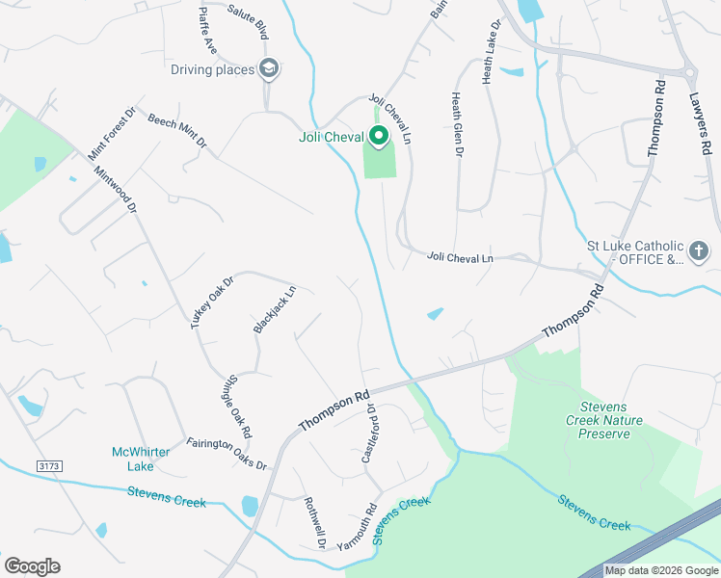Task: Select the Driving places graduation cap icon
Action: [269, 68]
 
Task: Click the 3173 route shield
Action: [49, 466]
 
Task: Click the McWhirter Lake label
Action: [141, 459]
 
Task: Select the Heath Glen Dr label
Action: [458, 124]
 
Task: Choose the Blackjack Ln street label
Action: [274, 310]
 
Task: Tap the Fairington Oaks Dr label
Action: [227, 453]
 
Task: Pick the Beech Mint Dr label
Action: [177, 130]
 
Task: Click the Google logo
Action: [32, 566]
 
